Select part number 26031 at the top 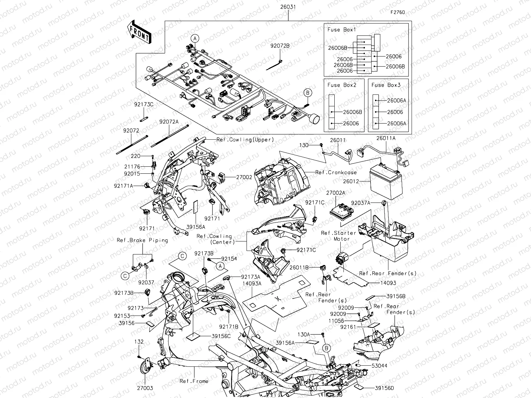pyautogui.click(x=288, y=7)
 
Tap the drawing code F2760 pyautogui.click(x=398, y=12)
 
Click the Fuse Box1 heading pyautogui.click(x=341, y=30)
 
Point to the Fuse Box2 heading pyautogui.click(x=341, y=85)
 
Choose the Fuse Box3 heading pyautogui.click(x=386, y=85)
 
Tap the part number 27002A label pyautogui.click(x=335, y=193)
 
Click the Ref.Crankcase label pyautogui.click(x=336, y=172)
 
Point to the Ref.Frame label pyautogui.click(x=194, y=381)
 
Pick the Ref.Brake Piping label pyautogui.click(x=142, y=240)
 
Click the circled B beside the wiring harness pyautogui.click(x=308, y=93)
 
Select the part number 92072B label pyautogui.click(x=280, y=46)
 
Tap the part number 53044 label pyautogui.click(x=379, y=366)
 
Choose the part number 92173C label pyautogui.click(x=144, y=104)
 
